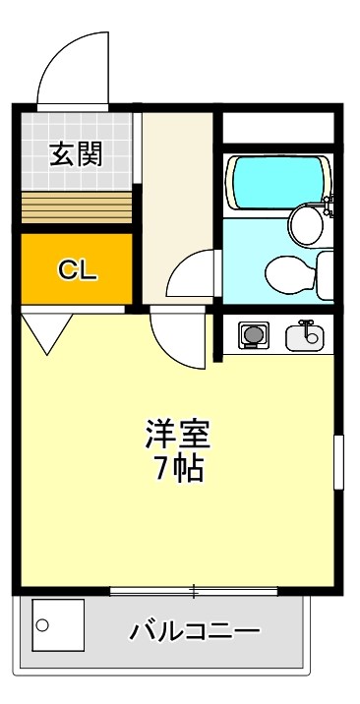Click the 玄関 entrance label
[x=77, y=154]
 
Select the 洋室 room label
[x=178, y=433]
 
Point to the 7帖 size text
[x=178, y=469]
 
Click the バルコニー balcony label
[x=195, y=630]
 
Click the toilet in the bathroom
[x=289, y=272]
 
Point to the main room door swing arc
[x=177, y=337]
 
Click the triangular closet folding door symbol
[x=44, y=330]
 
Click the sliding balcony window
[x=194, y=591]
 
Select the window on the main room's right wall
[x=339, y=462]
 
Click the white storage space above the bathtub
[x=277, y=129]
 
